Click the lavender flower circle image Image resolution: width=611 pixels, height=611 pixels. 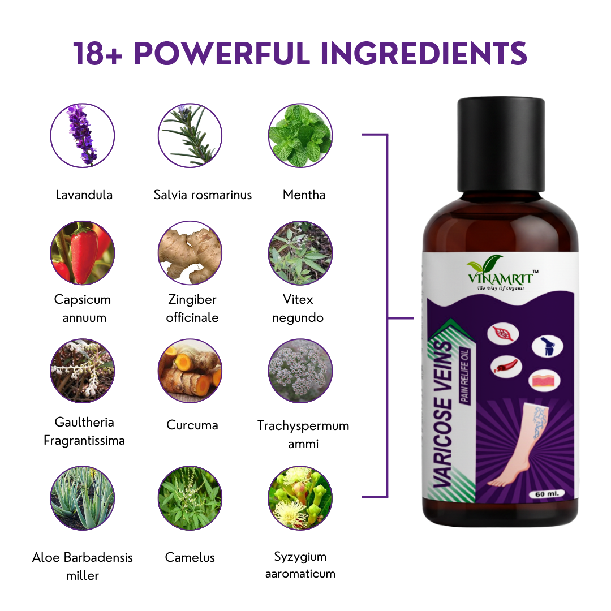(83, 136)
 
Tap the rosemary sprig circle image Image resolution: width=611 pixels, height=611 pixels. (190, 136)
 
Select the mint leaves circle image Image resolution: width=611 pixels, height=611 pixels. (300, 136)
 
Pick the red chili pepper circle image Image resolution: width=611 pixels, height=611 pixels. (83, 253)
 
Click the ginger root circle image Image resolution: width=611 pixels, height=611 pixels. (190, 253)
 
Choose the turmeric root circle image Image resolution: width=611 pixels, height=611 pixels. (190, 371)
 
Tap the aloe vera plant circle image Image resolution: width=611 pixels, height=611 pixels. (83, 498)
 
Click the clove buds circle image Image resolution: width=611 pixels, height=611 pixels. (300, 498)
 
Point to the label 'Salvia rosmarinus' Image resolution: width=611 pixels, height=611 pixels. (203, 195)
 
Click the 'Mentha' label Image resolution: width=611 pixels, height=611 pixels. (304, 195)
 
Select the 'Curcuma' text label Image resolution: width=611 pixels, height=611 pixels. (192, 425)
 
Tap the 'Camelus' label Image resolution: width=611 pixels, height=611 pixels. (190, 557)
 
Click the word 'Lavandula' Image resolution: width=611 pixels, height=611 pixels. (84, 195)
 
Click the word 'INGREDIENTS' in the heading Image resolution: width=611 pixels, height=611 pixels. (424, 53)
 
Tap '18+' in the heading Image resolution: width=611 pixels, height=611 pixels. (98, 53)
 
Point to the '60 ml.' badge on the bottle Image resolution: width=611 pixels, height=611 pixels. (547, 494)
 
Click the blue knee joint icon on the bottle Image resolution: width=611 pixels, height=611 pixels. (548, 346)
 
